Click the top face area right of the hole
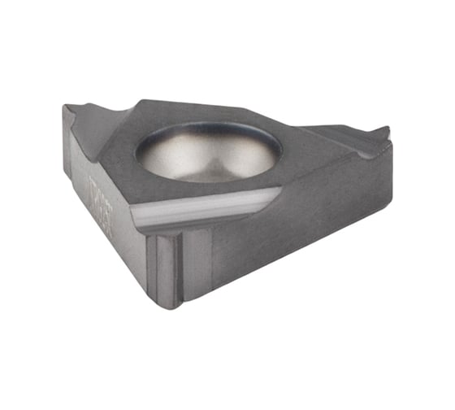tap(313, 150)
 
